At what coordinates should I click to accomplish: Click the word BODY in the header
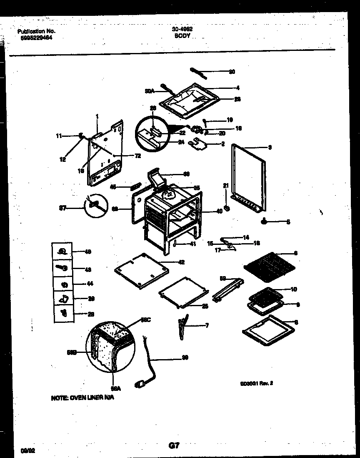[x=182, y=36]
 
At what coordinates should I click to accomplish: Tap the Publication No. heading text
[x=36, y=31]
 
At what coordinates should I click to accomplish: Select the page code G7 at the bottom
[x=174, y=445]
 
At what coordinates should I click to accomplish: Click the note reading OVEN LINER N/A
[x=82, y=398]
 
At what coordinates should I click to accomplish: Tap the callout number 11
[x=59, y=136]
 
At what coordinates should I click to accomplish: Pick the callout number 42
[x=181, y=262]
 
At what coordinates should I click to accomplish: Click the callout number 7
[x=207, y=325]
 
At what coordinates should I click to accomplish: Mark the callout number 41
[x=192, y=244]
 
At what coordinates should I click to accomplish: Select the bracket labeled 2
[x=199, y=144]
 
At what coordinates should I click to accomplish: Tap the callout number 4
[x=237, y=88]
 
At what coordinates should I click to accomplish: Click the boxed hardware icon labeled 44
[x=64, y=284]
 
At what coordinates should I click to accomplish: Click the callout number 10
[x=293, y=289]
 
